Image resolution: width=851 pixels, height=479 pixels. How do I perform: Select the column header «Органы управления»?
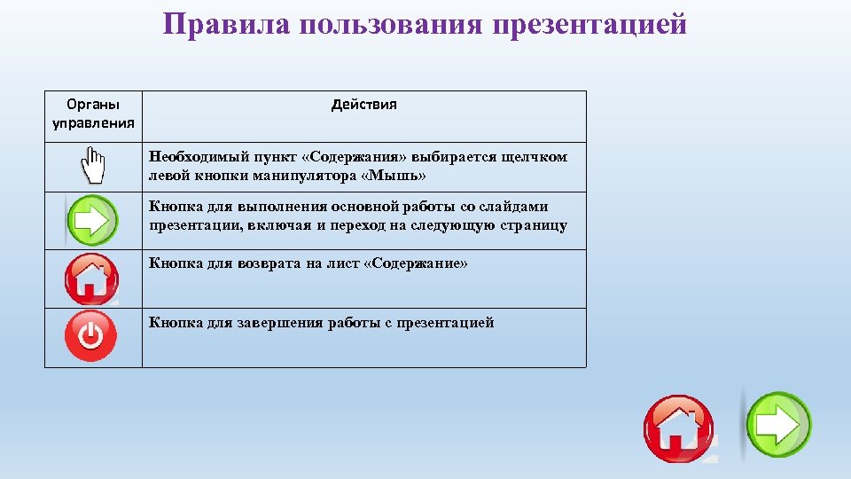(x=93, y=114)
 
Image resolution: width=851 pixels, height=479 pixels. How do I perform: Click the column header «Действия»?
(x=364, y=105)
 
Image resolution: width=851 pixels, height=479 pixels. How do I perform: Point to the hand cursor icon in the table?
(x=92, y=167)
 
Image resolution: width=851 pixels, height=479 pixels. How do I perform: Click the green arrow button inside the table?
(x=92, y=220)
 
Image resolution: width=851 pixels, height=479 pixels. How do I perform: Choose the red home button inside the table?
(x=91, y=279)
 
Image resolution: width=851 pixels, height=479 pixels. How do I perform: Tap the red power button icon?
(x=91, y=336)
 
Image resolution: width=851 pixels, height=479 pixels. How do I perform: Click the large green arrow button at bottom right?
(x=777, y=425)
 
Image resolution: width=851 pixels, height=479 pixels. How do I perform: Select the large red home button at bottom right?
(x=678, y=428)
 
